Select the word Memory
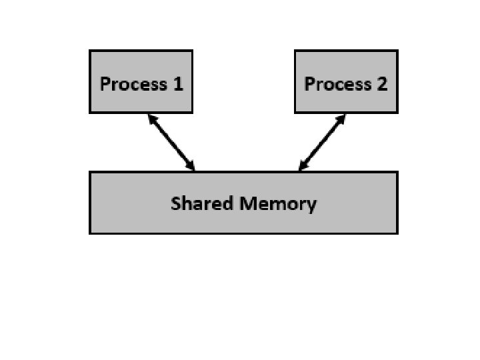(x=279, y=203)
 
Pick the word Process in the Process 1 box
(x=133, y=84)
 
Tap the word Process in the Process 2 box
(x=337, y=84)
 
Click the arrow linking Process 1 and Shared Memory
(x=171, y=142)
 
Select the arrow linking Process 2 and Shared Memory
(x=322, y=142)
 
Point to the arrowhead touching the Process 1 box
(x=151, y=119)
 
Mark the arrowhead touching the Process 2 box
(x=341, y=119)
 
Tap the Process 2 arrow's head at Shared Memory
(x=303, y=166)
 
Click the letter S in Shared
(x=176, y=203)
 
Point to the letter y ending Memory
(x=311, y=205)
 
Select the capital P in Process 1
(x=105, y=84)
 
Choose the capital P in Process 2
(x=309, y=84)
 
